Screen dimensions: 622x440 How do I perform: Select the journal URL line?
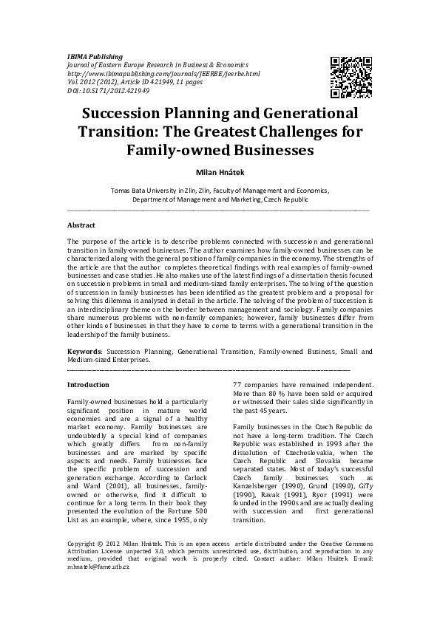pyautogui.click(x=163, y=75)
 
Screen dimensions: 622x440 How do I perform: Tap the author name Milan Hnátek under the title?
pyautogui.click(x=220, y=171)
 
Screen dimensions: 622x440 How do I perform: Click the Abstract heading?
pyautogui.click(x=81, y=224)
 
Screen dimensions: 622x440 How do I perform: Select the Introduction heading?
pyautogui.click(x=88, y=385)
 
